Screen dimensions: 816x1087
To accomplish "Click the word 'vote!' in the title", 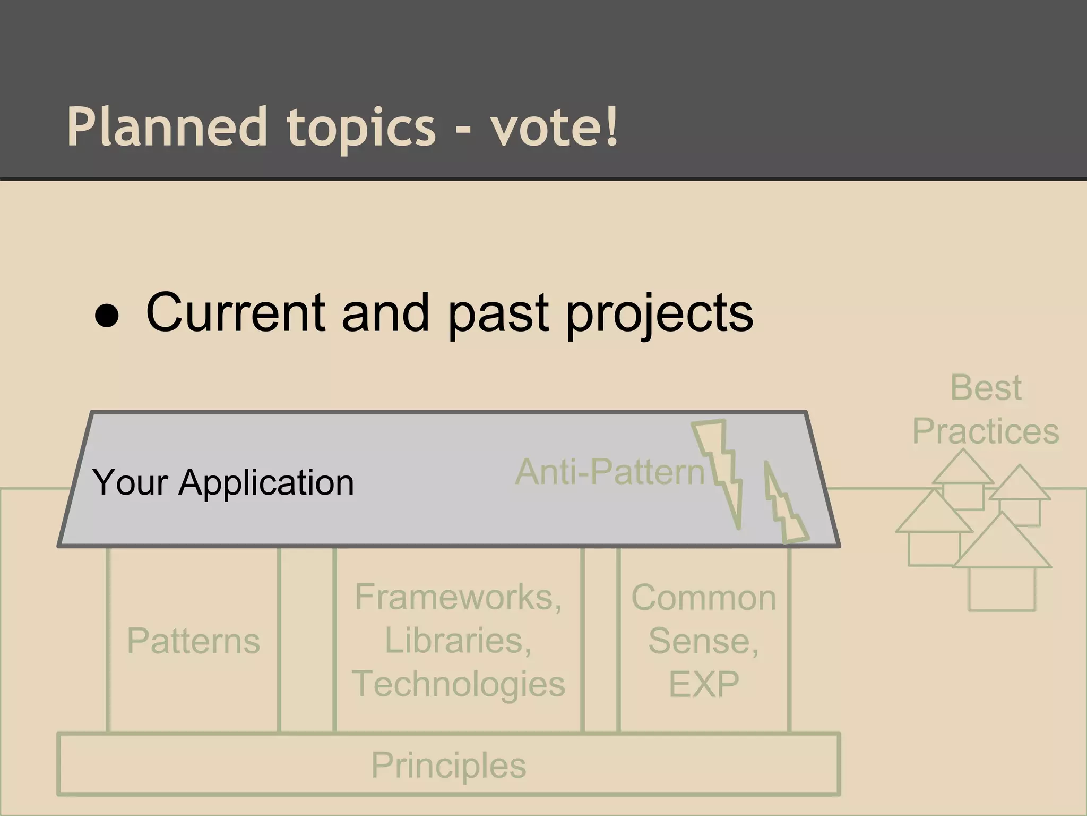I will coord(554,127).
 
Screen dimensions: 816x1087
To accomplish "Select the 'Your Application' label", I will coord(223,482).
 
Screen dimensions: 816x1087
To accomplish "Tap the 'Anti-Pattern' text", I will coord(609,472).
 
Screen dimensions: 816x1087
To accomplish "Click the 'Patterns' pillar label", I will coord(193,641).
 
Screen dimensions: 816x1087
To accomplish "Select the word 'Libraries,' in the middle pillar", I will coord(458,641).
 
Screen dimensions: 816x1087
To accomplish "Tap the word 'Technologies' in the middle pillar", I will coord(458,684).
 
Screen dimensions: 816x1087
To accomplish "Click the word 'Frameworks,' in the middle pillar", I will coord(458,597).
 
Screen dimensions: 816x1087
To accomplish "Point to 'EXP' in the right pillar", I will coord(704,684).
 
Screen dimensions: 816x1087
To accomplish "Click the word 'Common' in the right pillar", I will coord(704,598).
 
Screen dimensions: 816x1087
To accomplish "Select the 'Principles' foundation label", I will coord(448,766).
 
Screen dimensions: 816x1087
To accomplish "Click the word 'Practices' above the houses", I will coord(986,431).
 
